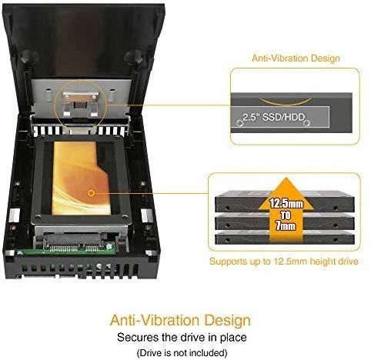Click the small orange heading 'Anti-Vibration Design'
pos(296,58)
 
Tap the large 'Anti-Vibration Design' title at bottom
pos(180,320)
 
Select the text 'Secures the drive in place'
pos(182,337)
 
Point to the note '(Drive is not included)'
pos(182,353)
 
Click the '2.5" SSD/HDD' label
pos(274,117)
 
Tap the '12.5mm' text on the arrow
pos(286,204)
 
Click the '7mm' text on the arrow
pos(286,225)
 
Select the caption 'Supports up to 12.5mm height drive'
pos(284,262)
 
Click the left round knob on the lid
pos(29,56)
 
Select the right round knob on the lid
pos(133,56)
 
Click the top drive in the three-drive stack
pos(285,202)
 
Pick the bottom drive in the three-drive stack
pos(285,238)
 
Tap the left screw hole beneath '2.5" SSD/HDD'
pos(240,123)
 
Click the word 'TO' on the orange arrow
pos(286,215)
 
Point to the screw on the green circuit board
pos(109,245)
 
